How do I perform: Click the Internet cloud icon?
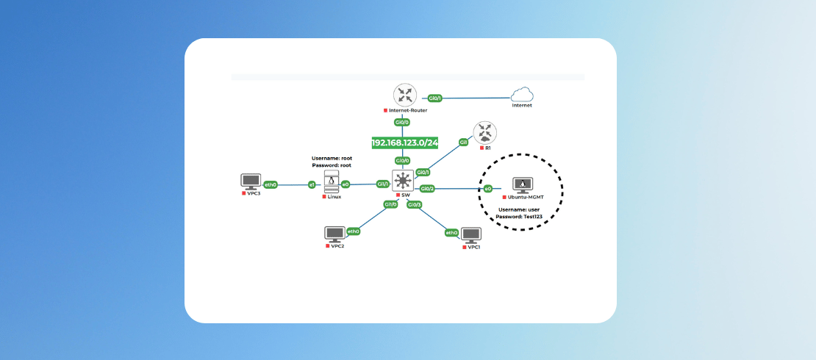pyautogui.click(x=523, y=95)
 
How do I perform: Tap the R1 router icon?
pyautogui.click(x=484, y=133)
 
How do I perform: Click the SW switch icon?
pyautogui.click(x=403, y=181)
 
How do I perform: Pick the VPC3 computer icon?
pyautogui.click(x=251, y=182)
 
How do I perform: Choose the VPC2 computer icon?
pyautogui.click(x=335, y=234)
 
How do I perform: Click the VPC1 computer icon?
pyautogui.click(x=470, y=236)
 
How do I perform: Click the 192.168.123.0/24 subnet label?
pyautogui.click(x=404, y=143)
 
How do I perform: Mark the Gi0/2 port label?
pyautogui.click(x=427, y=189)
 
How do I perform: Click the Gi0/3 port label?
pyautogui.click(x=415, y=204)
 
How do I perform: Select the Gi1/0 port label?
pyautogui.click(x=390, y=204)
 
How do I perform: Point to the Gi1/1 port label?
pyautogui.click(x=382, y=184)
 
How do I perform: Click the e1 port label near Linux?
pyautogui.click(x=312, y=184)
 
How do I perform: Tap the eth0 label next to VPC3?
pyautogui.click(x=271, y=184)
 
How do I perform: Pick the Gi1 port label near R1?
pyautogui.click(x=464, y=142)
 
